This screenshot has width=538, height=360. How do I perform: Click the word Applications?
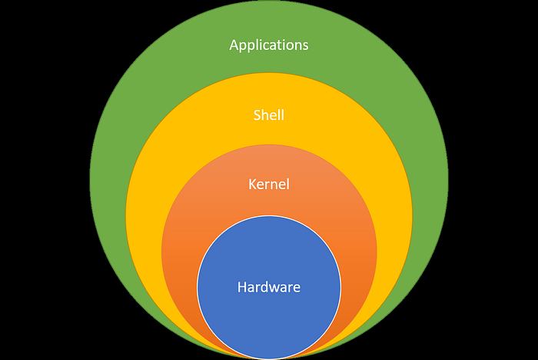pos(269,45)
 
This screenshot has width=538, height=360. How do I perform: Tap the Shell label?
pos(269,115)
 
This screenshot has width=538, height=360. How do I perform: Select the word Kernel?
pos(269,184)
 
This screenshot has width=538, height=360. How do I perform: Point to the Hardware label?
pos(269,287)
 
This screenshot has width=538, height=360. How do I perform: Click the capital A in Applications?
pos(234,45)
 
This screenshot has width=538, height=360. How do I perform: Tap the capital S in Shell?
pos(257,115)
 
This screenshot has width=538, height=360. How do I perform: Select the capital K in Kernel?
pos(253,185)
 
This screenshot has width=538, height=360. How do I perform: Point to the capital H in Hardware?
pos(242,287)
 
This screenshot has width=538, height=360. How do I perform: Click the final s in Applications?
pos(305,47)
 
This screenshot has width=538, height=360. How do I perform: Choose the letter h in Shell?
pos(266,115)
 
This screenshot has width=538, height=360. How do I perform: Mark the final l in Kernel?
pos(287,184)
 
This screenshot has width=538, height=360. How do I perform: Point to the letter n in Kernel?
pos(274,186)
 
